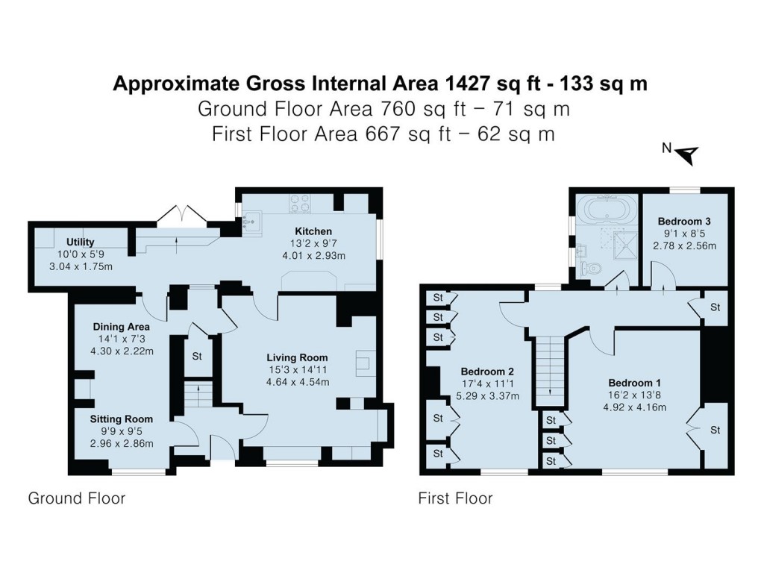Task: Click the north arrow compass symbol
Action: pyautogui.click(x=688, y=154)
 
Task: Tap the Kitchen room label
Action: pyautogui.click(x=313, y=231)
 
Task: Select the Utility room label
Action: pyautogui.click(x=79, y=242)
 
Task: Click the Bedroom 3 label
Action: pyautogui.click(x=683, y=222)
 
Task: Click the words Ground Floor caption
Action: pyautogui.click(x=76, y=498)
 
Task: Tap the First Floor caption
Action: pyautogui.click(x=455, y=498)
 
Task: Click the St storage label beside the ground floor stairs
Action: pyautogui.click(x=197, y=357)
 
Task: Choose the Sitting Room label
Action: pyautogui.click(x=122, y=419)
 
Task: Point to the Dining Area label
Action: pyautogui.click(x=122, y=327)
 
